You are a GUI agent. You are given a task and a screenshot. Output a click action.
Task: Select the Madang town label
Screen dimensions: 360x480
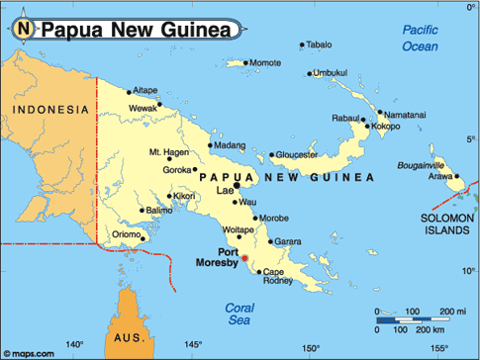(229, 145)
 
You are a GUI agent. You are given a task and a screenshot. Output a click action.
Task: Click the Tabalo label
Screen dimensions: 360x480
(319, 45)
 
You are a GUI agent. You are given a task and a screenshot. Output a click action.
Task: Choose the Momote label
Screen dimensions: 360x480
(264, 63)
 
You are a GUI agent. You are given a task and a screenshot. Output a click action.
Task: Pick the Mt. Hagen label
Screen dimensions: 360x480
(167, 152)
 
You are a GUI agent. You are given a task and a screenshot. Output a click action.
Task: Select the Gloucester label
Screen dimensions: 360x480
(295, 154)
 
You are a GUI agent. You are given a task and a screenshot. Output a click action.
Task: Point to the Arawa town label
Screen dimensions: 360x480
(438, 176)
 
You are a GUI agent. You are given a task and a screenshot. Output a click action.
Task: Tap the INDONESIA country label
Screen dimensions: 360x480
(47, 110)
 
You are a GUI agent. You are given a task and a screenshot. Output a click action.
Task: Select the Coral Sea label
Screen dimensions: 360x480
(240, 314)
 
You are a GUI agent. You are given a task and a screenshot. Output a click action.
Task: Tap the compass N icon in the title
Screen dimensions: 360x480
(22, 29)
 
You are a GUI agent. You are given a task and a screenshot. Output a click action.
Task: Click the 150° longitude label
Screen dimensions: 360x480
(311, 347)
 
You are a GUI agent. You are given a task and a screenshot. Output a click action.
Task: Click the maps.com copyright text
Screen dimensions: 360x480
(29, 351)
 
